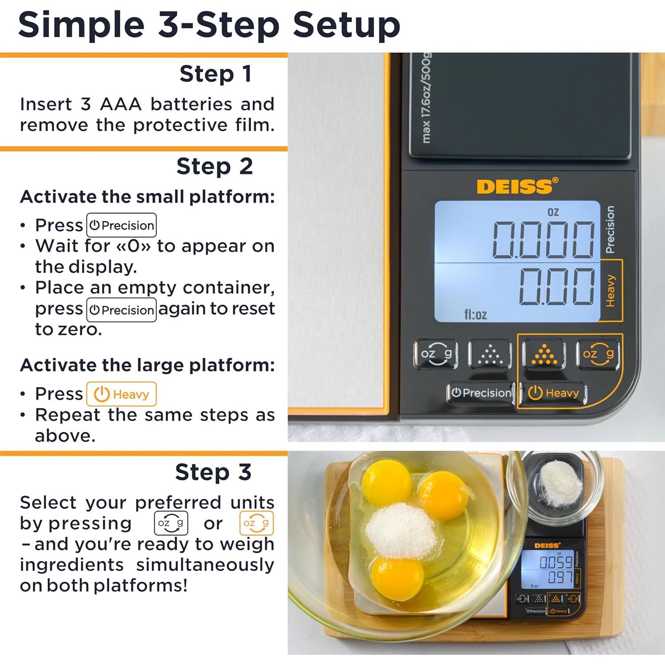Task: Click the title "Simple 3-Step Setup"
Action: (209, 25)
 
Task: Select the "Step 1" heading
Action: (215, 74)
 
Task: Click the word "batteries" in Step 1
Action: (191, 104)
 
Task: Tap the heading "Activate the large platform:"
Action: (147, 365)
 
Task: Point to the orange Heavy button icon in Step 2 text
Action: (121, 394)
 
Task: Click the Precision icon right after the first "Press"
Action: (121, 225)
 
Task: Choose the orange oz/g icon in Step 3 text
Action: (256, 523)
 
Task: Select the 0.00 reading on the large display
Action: (557, 286)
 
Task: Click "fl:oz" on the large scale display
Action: (475, 315)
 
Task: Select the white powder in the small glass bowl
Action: (559, 483)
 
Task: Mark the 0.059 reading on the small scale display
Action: (556, 563)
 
